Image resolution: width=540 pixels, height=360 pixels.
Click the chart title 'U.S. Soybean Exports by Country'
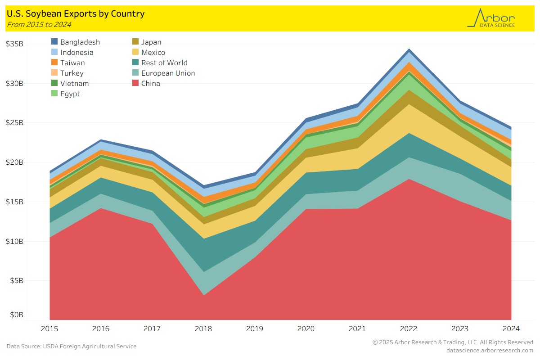click(76, 13)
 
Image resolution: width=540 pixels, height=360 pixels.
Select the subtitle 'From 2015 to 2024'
click(39, 25)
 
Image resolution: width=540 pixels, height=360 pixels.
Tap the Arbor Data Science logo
click(491, 18)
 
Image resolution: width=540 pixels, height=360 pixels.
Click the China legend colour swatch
click(135, 83)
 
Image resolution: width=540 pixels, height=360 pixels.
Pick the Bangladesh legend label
click(80, 42)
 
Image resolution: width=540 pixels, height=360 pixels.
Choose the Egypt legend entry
click(70, 94)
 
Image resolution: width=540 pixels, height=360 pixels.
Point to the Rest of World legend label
click(164, 63)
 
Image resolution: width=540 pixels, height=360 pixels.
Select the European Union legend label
click(168, 73)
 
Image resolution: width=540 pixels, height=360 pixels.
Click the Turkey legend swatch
click(54, 73)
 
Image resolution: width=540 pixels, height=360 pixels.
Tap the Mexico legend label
click(153, 52)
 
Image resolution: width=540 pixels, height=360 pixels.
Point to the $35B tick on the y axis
click(14, 44)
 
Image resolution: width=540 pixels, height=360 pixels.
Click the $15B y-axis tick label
click(14, 202)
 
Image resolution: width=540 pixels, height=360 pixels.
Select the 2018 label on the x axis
click(203, 329)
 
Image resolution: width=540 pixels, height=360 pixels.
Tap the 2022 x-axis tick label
click(409, 329)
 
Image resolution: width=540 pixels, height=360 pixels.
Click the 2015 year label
click(49, 329)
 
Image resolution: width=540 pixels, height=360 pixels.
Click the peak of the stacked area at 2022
click(409, 49)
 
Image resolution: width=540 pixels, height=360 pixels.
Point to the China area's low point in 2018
click(203, 295)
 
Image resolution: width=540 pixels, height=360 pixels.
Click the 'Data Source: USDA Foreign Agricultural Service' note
click(72, 346)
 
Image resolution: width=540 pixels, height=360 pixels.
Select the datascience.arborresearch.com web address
click(490, 350)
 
